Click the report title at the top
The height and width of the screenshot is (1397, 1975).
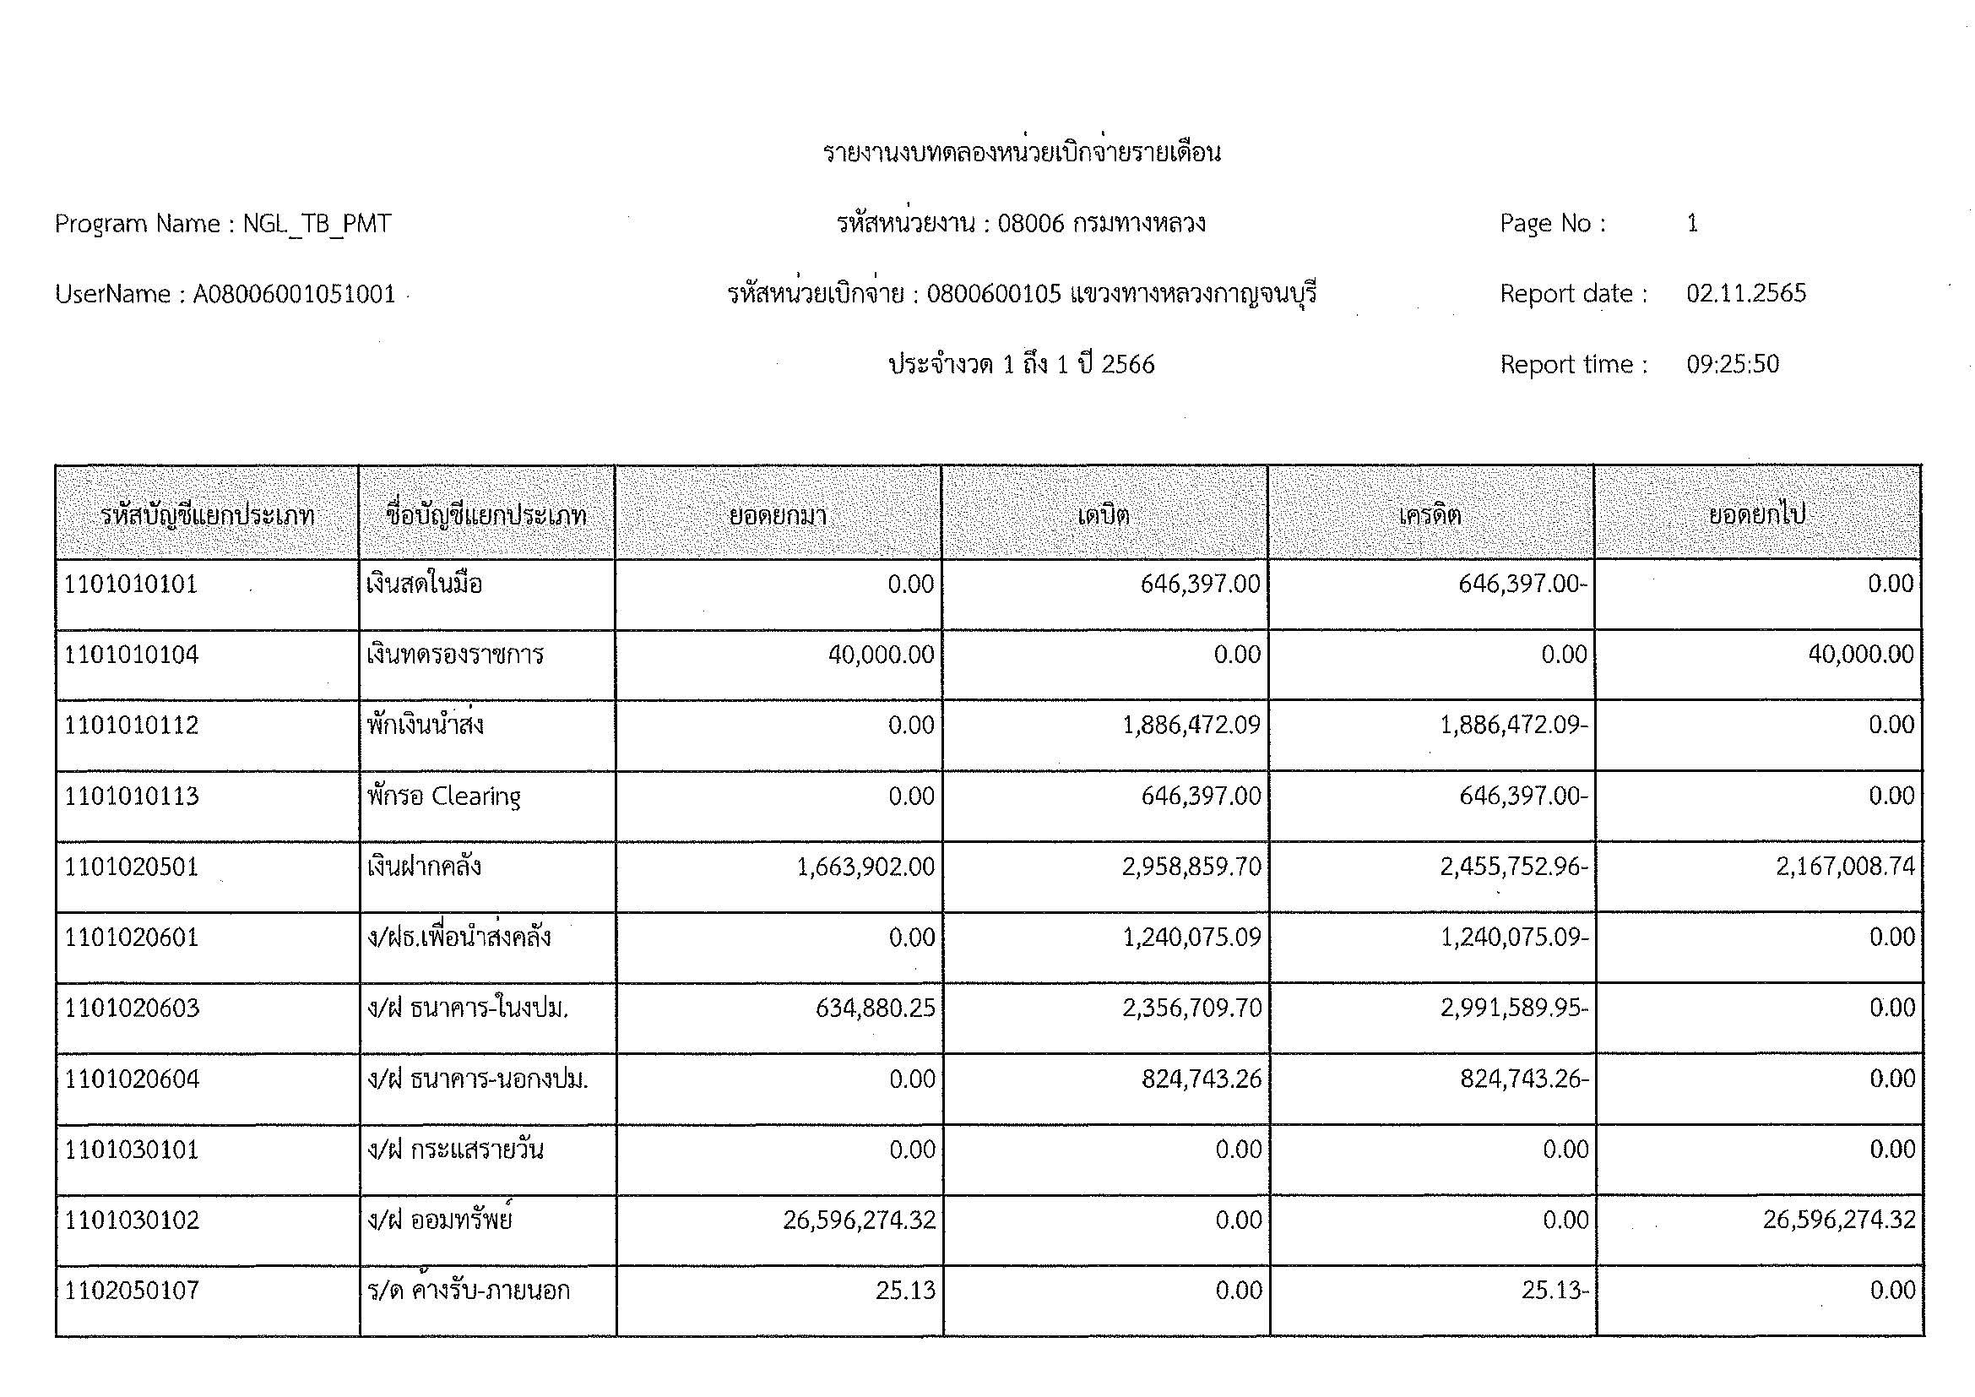pyautogui.click(x=1021, y=153)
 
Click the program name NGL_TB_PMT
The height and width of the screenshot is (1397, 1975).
pyautogui.click(x=317, y=224)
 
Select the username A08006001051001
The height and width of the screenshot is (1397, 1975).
pyautogui.click(x=293, y=294)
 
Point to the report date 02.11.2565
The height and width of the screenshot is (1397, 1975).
pyautogui.click(x=1745, y=293)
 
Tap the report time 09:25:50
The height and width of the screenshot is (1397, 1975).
pyautogui.click(x=1732, y=364)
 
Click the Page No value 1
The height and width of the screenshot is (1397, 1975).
pyautogui.click(x=1692, y=224)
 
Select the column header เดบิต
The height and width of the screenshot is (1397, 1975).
pyautogui.click(x=1104, y=515)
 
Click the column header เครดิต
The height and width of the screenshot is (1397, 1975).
pyautogui.click(x=1430, y=515)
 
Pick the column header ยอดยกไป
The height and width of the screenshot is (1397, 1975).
pyautogui.click(x=1756, y=515)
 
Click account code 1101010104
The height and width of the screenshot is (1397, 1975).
pyautogui.click(x=132, y=655)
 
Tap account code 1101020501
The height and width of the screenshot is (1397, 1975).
pyautogui.click(x=132, y=867)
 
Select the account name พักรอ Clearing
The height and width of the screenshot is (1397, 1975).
pyautogui.click(x=444, y=796)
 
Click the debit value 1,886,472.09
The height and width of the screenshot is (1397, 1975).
pyautogui.click(x=1191, y=726)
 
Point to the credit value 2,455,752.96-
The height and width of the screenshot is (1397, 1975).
pyautogui.click(x=1514, y=867)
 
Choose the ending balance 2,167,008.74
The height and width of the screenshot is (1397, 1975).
pyautogui.click(x=1845, y=867)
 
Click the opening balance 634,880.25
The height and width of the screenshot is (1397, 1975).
pyautogui.click(x=875, y=1008)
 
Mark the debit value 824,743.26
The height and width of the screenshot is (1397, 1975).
pyautogui.click(x=1201, y=1079)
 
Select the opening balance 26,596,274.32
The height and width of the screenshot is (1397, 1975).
pyautogui.click(x=859, y=1220)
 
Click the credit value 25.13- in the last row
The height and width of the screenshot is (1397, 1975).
pyautogui.click(x=1554, y=1291)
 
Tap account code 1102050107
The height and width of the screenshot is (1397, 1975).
pyautogui.click(x=132, y=1291)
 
